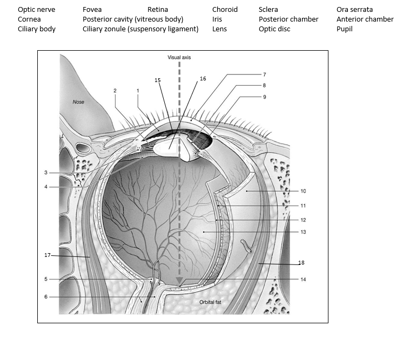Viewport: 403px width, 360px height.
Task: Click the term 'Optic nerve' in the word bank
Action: pos(36,10)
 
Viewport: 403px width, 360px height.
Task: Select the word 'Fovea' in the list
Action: pos(92,10)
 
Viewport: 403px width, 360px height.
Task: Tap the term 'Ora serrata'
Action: pos(354,10)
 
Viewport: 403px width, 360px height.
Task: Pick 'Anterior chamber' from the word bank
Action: pos(365,19)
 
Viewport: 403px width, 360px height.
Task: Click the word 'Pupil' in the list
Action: pos(344,29)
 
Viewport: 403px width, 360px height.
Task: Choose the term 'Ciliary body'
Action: pos(36,29)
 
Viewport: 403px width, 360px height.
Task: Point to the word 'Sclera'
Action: pos(268,10)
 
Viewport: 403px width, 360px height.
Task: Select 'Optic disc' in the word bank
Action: pos(274,29)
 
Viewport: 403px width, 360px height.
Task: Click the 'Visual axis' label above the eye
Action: pos(179,57)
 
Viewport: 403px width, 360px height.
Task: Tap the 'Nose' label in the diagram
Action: pos(79,102)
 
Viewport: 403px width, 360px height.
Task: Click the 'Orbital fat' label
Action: pos(210,302)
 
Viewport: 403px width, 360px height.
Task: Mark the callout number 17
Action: pos(48,255)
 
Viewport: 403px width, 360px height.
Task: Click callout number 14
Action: pos(303,280)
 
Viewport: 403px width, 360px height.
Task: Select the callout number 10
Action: pos(303,191)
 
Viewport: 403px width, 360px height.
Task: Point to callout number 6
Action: pos(46,296)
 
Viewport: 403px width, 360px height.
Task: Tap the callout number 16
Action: pos(203,79)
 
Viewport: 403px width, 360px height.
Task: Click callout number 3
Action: pos(46,173)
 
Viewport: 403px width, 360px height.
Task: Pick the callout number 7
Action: pos(265,74)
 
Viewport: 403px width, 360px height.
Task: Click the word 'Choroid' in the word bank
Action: pos(225,10)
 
